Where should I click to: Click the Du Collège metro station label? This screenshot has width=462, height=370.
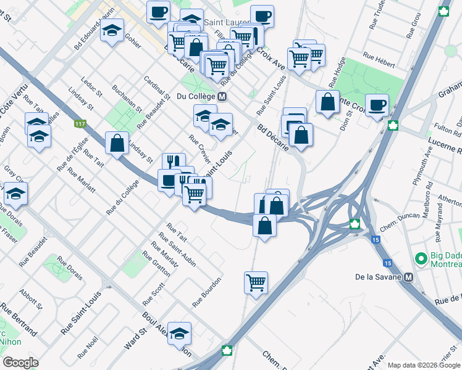click(x=195, y=96)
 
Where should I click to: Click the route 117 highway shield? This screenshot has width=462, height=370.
click(x=80, y=125)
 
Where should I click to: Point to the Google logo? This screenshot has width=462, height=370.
click(x=21, y=362)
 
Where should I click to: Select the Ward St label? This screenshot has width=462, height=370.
click(x=135, y=339)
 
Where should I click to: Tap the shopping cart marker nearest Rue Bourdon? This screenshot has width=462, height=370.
click(x=256, y=283)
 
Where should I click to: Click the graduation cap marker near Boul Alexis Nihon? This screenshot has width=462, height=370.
click(x=179, y=334)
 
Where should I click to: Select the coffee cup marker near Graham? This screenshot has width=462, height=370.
click(x=376, y=104)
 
